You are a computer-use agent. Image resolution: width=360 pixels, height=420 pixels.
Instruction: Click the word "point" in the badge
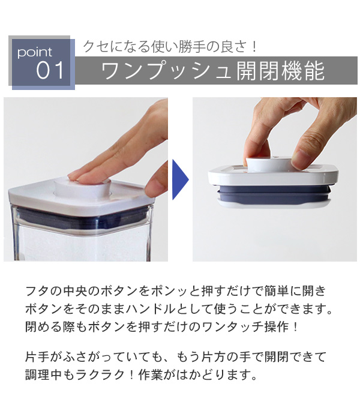(35, 52)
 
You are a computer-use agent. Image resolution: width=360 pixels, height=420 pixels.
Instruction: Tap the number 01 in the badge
(50, 71)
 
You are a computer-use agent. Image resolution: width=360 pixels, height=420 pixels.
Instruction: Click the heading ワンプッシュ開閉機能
(213, 71)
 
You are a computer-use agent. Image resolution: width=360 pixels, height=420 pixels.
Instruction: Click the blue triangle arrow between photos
(179, 179)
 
